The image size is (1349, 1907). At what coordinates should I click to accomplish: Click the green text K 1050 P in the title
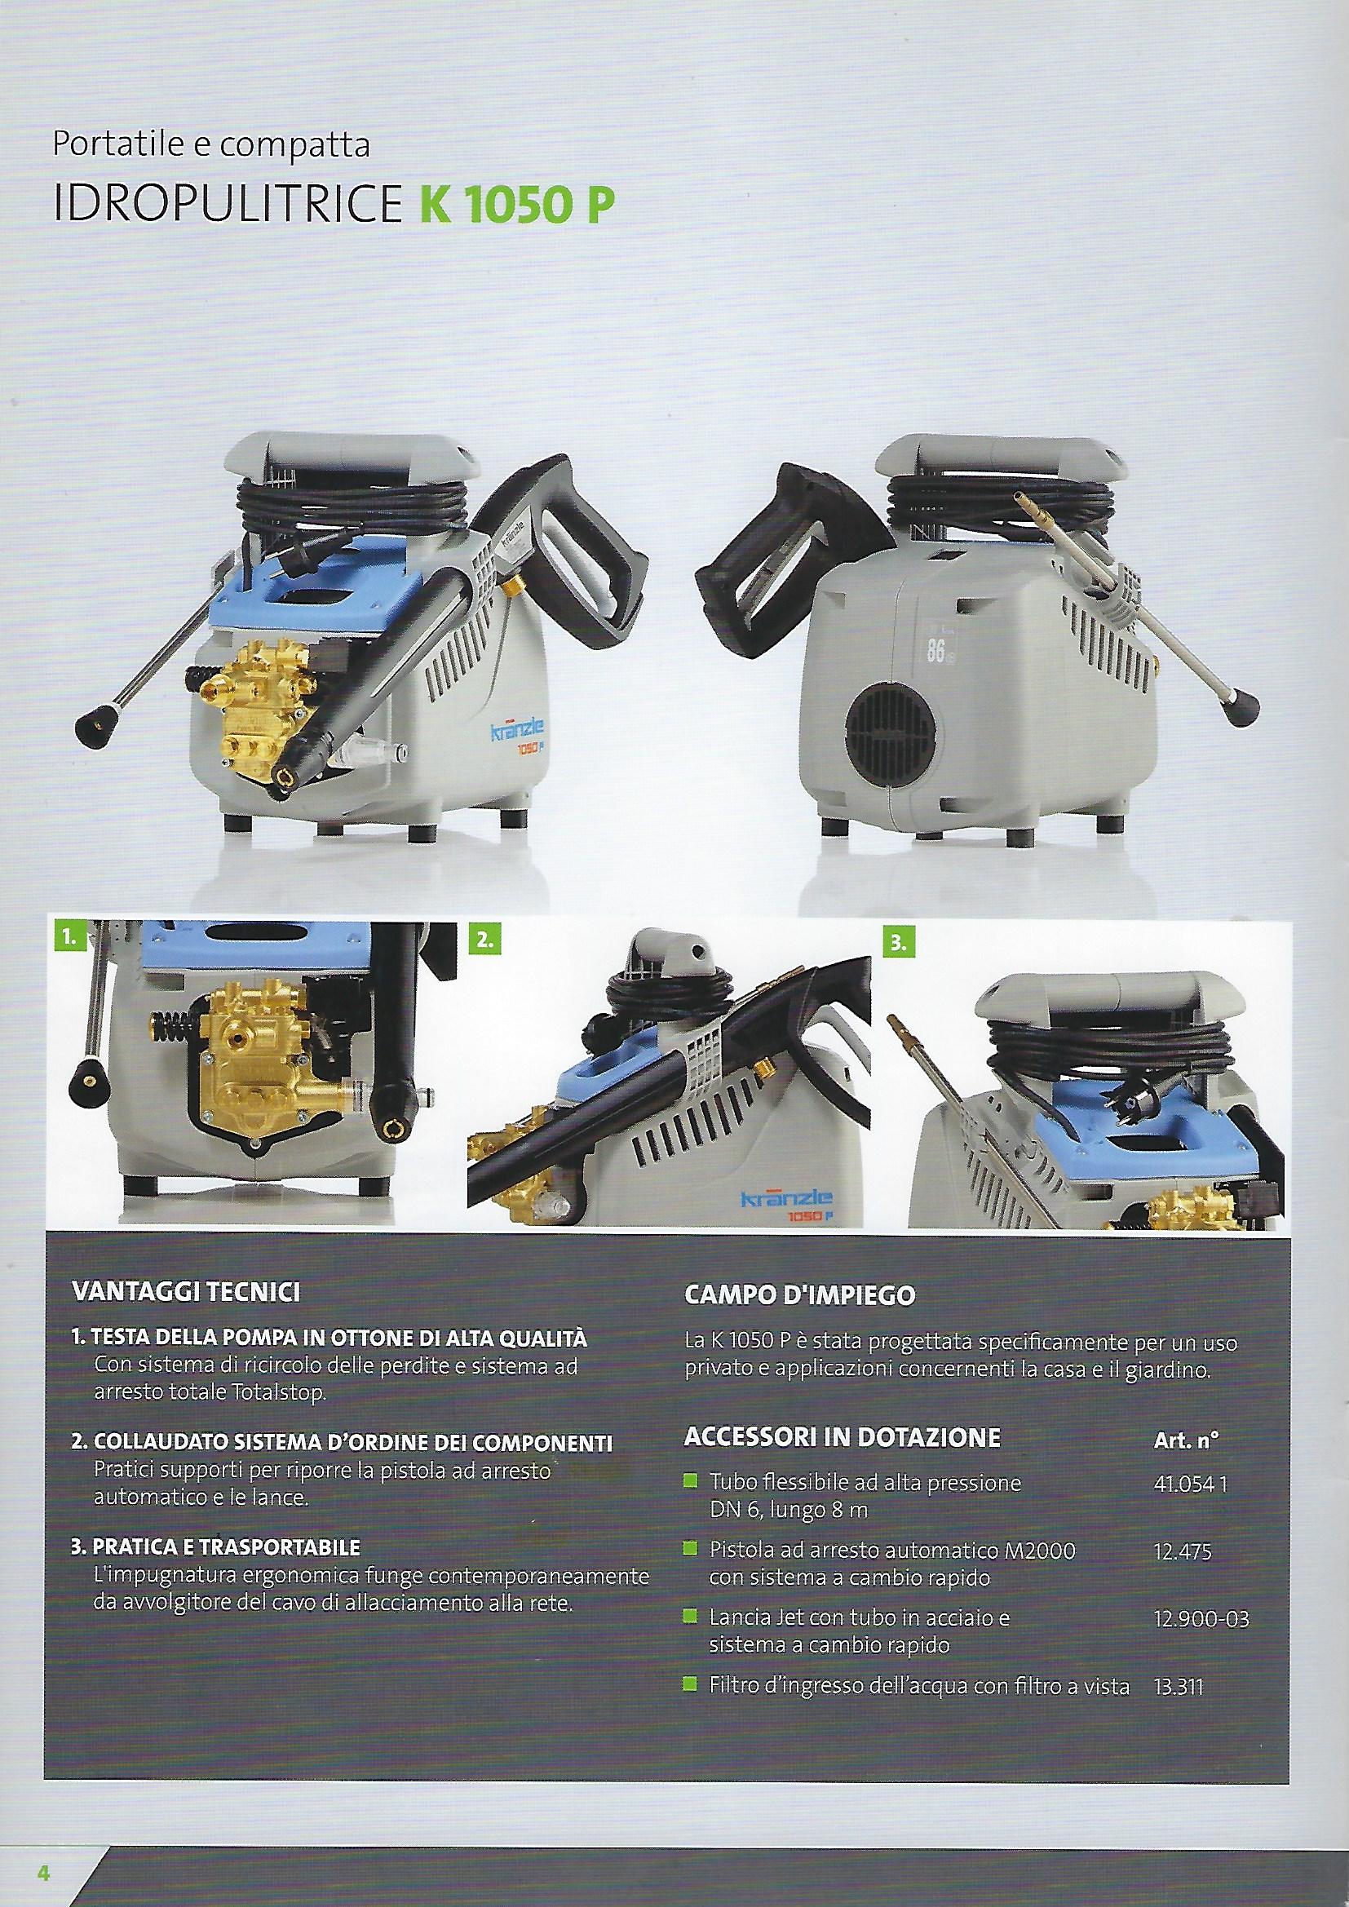(x=512, y=206)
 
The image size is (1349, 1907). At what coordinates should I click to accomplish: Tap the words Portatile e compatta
(x=211, y=147)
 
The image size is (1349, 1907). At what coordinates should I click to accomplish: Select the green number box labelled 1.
(x=71, y=939)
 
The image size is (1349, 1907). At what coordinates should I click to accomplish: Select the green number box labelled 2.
(x=484, y=939)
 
